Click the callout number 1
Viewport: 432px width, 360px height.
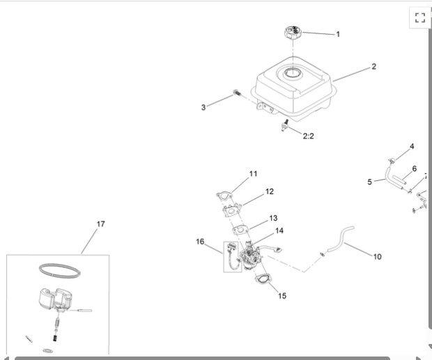pyautogui.click(x=338, y=34)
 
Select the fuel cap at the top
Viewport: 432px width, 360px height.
pyautogui.click(x=294, y=32)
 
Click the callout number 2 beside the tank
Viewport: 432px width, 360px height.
pyautogui.click(x=374, y=67)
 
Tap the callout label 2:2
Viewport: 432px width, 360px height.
pyautogui.click(x=308, y=136)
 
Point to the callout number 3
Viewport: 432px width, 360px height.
pyautogui.click(x=203, y=107)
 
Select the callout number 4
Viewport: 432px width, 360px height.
pyautogui.click(x=412, y=146)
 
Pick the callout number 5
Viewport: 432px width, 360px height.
pyautogui.click(x=370, y=182)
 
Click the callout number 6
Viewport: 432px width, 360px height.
pyautogui.click(x=414, y=169)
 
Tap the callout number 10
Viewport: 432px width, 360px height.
pyautogui.click(x=377, y=256)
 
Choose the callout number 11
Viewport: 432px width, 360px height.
pyautogui.click(x=253, y=173)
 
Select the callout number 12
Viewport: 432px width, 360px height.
pyautogui.click(x=269, y=191)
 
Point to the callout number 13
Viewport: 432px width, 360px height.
pyautogui.click(x=273, y=218)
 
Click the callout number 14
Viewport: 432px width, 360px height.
pyautogui.click(x=279, y=230)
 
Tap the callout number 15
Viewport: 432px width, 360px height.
pyautogui.click(x=282, y=295)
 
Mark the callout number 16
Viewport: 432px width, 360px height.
pyautogui.click(x=200, y=242)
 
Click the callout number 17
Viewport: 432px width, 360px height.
pyautogui.click(x=101, y=224)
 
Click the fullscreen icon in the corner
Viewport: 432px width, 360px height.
pyautogui.click(x=419, y=18)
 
